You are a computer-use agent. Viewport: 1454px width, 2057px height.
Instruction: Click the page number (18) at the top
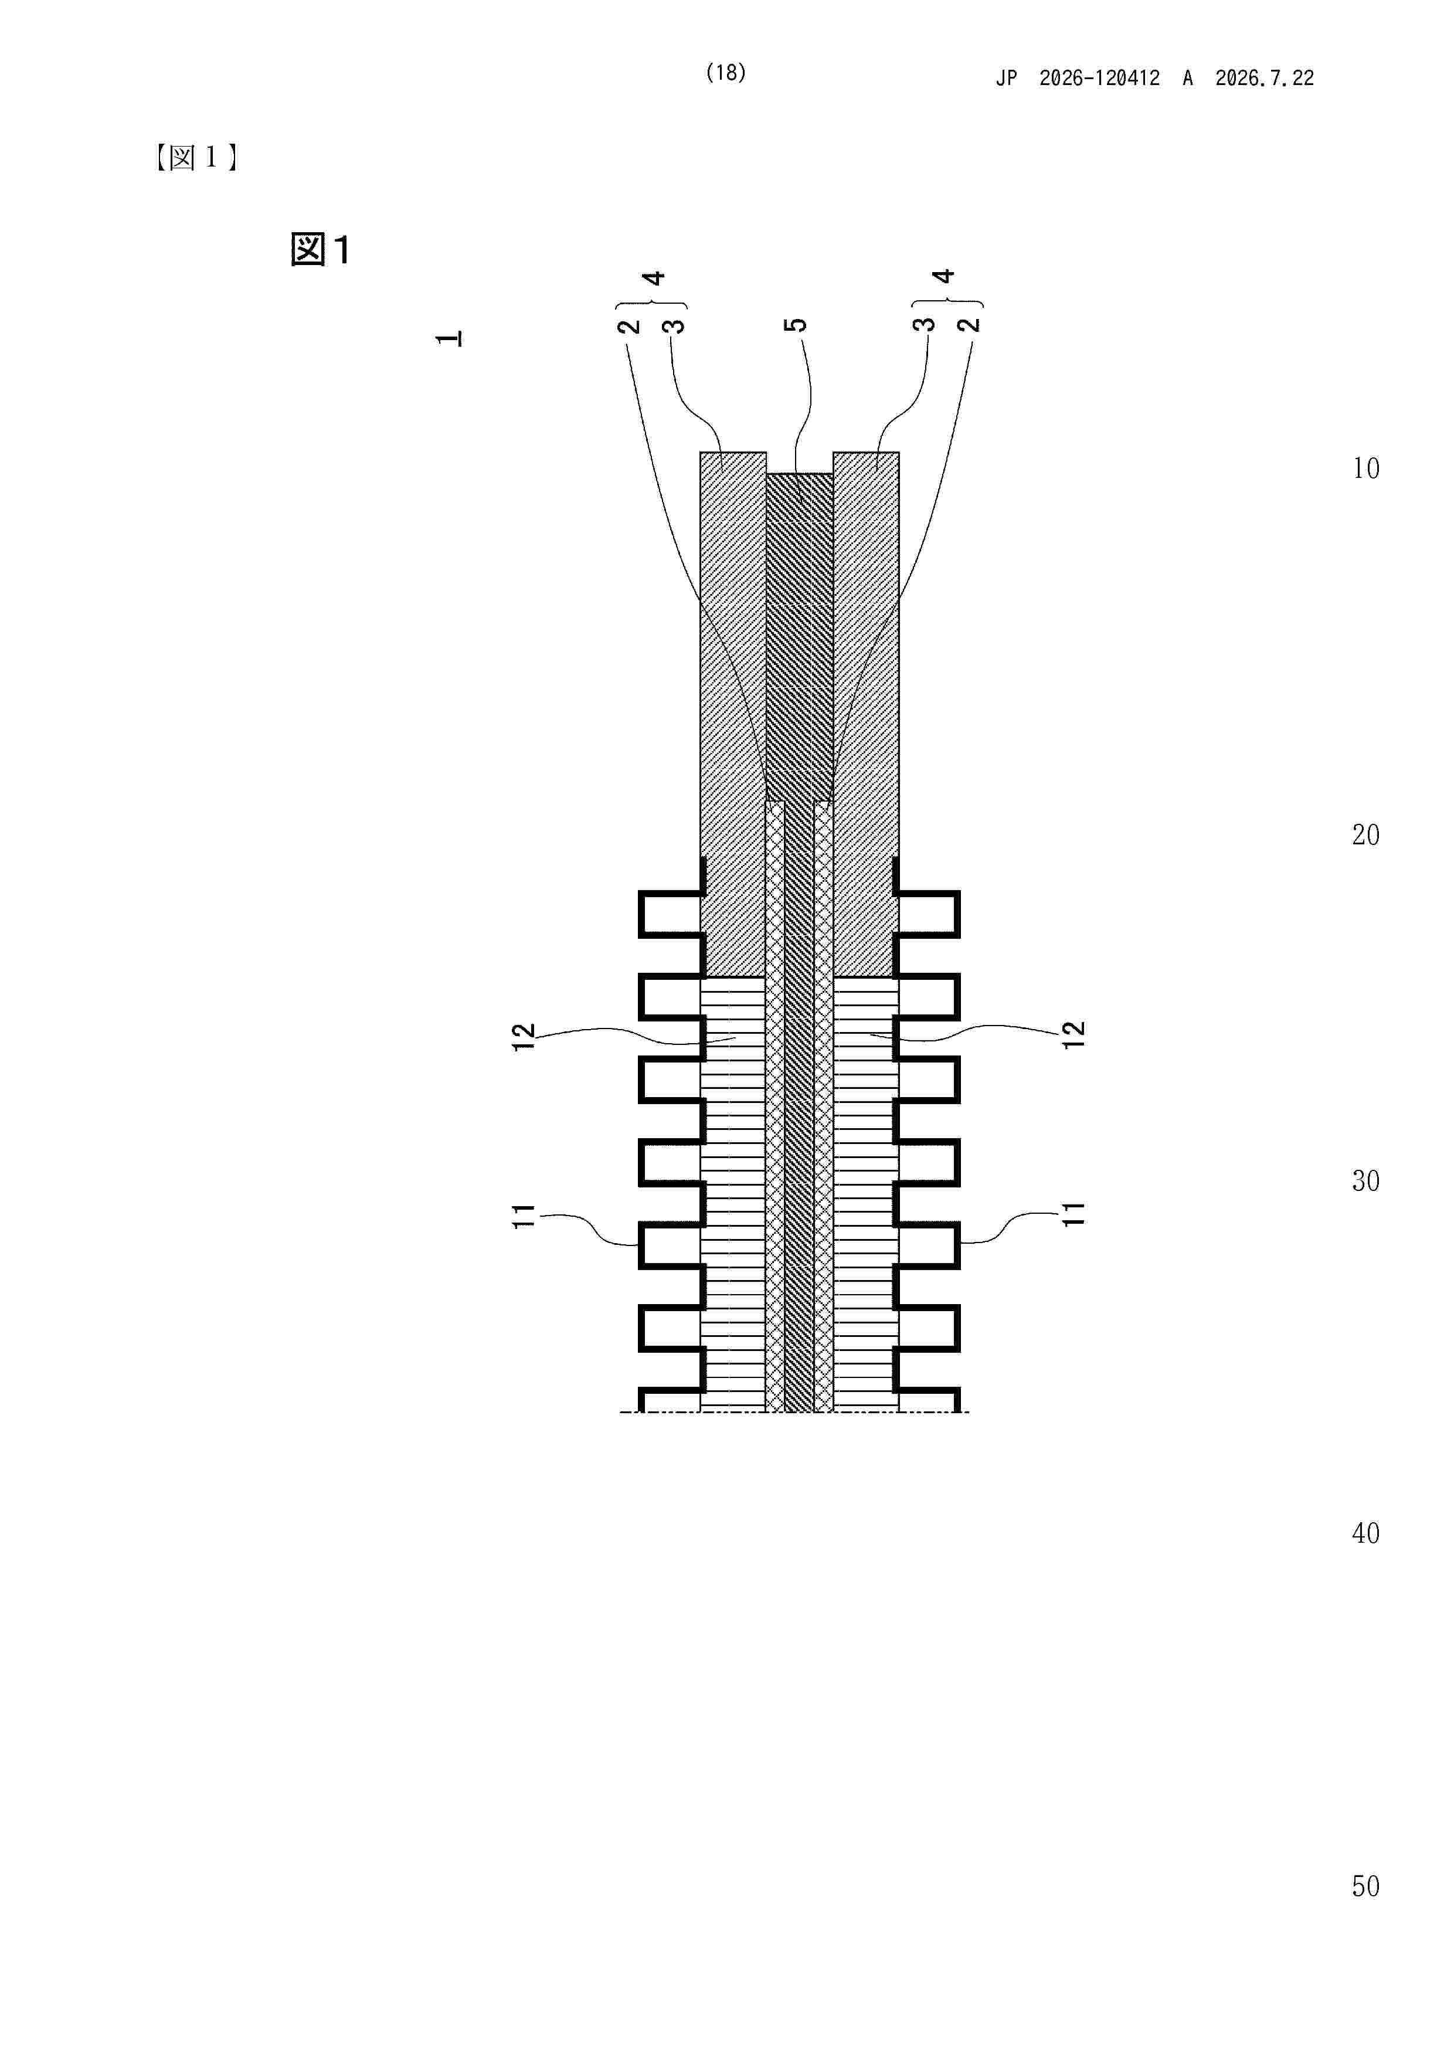(x=726, y=73)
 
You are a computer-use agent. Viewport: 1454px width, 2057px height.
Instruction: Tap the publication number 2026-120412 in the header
(x=1099, y=79)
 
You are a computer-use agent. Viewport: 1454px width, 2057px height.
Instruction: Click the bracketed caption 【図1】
(x=196, y=158)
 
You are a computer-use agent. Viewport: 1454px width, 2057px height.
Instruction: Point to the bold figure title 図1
(x=321, y=249)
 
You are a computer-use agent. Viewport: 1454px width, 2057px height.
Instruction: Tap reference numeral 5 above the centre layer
(x=796, y=324)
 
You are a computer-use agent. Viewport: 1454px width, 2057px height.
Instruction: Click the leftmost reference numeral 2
(x=629, y=326)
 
